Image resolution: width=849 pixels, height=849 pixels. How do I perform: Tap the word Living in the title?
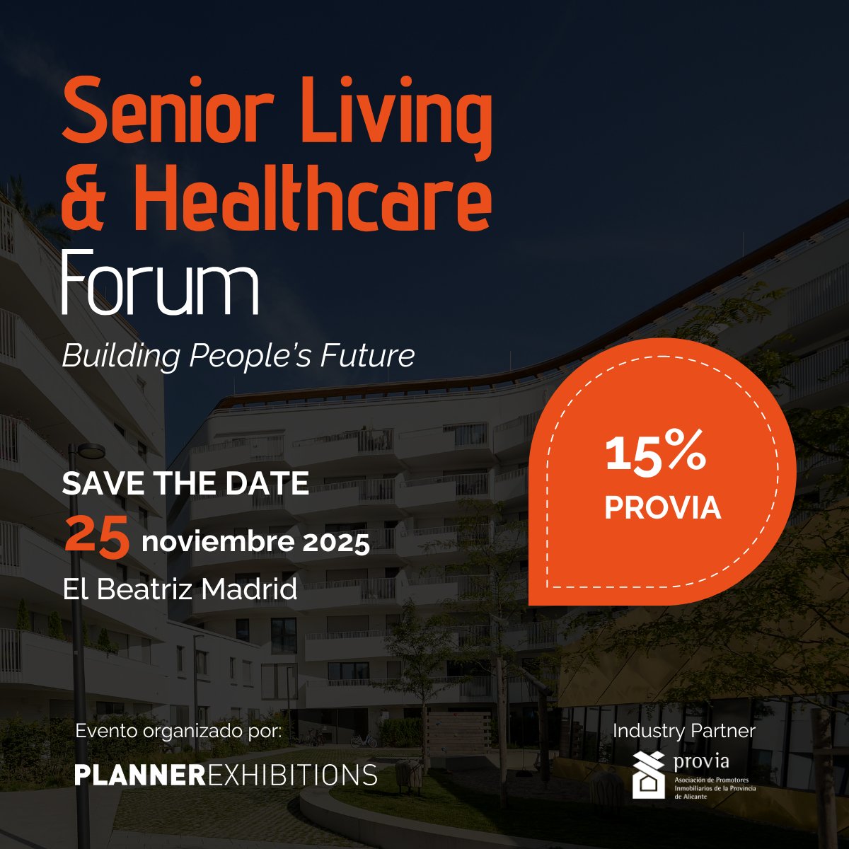coord(395,113)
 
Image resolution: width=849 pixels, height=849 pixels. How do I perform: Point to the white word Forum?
coord(160,282)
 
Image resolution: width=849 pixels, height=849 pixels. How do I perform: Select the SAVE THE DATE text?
coord(185,484)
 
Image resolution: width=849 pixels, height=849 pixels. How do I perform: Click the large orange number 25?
coord(97,536)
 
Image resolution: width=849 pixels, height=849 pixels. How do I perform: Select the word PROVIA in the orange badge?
coord(663,508)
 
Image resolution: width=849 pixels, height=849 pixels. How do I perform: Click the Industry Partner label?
coord(684,731)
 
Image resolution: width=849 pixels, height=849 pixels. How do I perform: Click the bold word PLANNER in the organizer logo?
coord(139,774)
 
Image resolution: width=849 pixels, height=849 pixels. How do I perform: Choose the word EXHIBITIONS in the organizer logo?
coord(291,774)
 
